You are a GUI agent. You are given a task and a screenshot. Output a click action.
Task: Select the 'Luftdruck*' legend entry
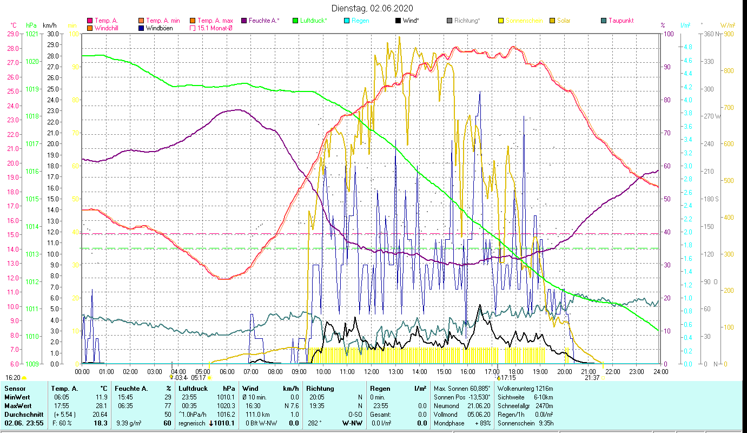pyautogui.click(x=313, y=21)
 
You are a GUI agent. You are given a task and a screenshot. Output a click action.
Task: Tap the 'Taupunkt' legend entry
pyautogui.click(x=620, y=21)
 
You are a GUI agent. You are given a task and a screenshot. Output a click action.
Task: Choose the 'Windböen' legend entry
pyautogui.click(x=159, y=28)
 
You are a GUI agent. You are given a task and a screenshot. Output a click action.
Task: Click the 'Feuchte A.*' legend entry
pyautogui.click(x=264, y=21)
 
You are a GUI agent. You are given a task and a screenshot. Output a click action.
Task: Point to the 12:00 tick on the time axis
pyautogui.click(x=372, y=372)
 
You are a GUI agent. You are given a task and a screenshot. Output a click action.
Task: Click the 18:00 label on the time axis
pyautogui.click(x=516, y=372)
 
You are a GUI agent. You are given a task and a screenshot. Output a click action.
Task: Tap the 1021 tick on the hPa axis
pyautogui.click(x=32, y=34)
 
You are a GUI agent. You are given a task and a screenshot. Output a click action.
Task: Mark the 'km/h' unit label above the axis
pyautogui.click(x=49, y=25)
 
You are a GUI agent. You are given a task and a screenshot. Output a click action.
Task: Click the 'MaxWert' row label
pyautogui.click(x=17, y=405)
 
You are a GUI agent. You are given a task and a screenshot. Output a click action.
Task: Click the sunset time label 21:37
pyautogui.click(x=592, y=378)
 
